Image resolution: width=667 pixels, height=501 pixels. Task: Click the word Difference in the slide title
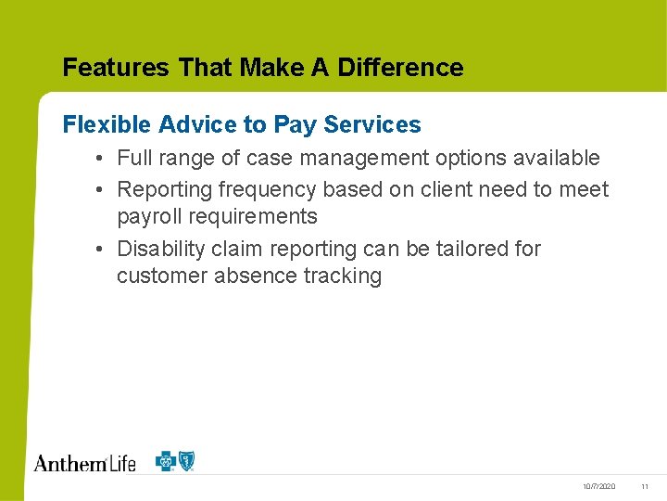(x=400, y=68)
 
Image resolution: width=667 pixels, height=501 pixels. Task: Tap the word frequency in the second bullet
(x=267, y=190)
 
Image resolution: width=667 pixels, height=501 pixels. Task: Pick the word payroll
(x=148, y=217)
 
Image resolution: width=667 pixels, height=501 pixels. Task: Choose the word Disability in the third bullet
(x=159, y=249)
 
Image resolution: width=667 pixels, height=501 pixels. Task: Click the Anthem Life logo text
(x=84, y=462)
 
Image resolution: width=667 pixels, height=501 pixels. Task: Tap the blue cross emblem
(x=168, y=461)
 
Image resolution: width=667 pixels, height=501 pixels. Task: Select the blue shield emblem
(x=187, y=461)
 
